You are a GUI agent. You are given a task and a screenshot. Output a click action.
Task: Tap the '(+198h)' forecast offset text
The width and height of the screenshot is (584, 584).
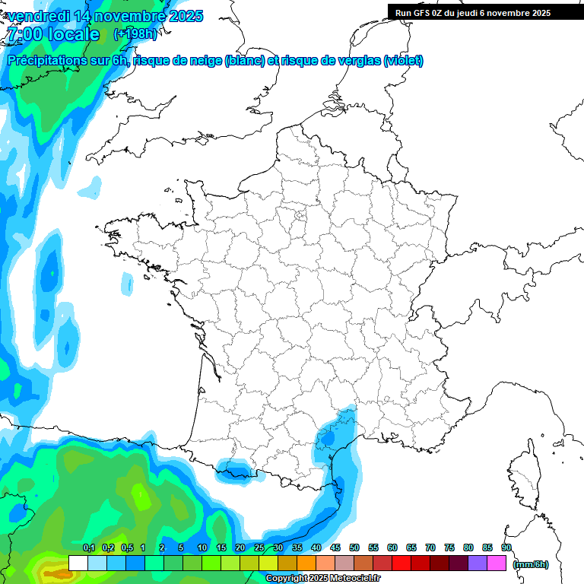pos(135,33)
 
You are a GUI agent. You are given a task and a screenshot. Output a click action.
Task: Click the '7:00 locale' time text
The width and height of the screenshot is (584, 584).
pos(52,34)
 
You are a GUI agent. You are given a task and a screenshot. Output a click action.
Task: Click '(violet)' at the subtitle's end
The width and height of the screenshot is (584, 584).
pos(404,61)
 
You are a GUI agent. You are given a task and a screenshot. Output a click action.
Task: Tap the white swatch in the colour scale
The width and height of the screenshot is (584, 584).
pos(78,563)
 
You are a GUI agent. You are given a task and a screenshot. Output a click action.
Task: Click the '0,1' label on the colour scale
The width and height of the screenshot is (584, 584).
pos(88,547)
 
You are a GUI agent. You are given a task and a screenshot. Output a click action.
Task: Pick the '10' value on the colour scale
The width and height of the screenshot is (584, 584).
pos(202,547)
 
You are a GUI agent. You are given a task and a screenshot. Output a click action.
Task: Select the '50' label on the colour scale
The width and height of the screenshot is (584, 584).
pos(354,547)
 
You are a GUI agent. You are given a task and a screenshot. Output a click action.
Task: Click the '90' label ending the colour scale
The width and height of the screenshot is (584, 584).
pos(506,547)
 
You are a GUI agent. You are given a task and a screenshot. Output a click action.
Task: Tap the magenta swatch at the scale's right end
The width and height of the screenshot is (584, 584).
pos(497,563)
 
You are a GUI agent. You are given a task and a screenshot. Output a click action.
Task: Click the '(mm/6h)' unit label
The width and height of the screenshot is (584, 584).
pos(531,564)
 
